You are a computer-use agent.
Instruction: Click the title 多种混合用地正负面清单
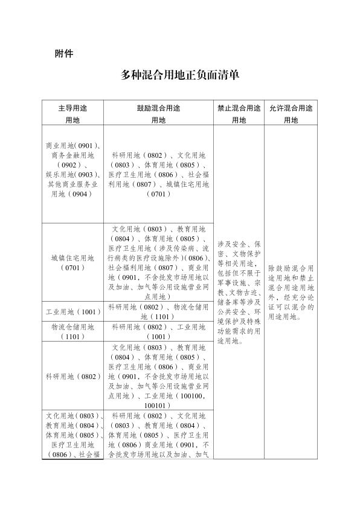tap(180, 76)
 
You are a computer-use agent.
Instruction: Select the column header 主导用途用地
tap(72, 113)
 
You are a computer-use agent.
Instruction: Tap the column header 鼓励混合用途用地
tap(158, 113)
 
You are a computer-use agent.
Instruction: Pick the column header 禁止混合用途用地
tap(239, 113)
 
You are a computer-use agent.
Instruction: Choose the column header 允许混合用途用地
tap(291, 113)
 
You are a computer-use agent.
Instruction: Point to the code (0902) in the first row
tap(69, 164)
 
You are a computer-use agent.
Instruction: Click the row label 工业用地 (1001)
tap(72, 312)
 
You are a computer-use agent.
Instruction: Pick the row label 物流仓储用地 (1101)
tap(72, 331)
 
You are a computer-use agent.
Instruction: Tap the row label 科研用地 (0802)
tap(72, 377)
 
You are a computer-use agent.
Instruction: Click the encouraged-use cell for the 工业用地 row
tap(158, 312)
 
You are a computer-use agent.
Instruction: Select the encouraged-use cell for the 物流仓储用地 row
tap(158, 331)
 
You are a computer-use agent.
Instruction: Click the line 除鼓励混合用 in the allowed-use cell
tap(291, 267)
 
